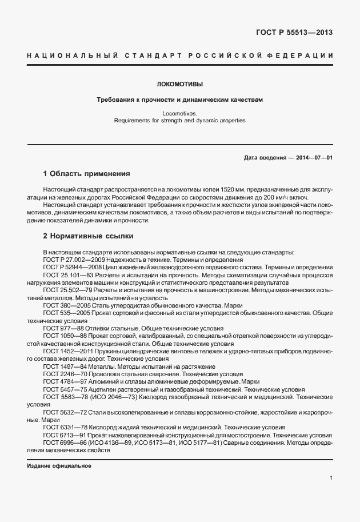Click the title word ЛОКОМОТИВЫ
pos(179,83)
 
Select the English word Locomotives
pos(179,114)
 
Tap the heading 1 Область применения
pos(87,173)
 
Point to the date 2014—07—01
pos(313,157)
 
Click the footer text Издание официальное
pos(59,465)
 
